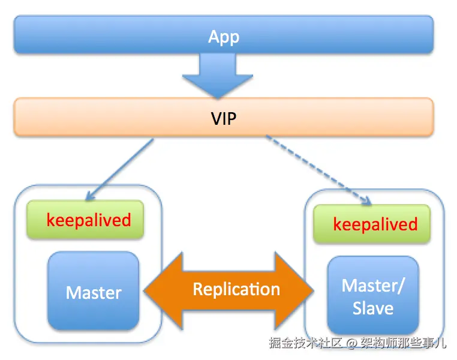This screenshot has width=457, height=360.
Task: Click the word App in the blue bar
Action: tap(223, 37)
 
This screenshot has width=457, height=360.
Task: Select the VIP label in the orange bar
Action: tap(223, 118)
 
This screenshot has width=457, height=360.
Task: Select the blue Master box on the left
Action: tap(93, 292)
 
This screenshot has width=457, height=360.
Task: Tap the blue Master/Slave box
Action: tap(372, 296)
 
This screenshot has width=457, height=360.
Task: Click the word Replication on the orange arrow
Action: tap(236, 290)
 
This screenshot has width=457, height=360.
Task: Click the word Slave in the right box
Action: tap(373, 308)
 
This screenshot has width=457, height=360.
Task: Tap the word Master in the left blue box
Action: tap(93, 292)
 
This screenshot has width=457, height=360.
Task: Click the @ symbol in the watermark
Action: tap(351, 344)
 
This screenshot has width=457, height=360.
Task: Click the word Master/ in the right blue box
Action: tap(373, 286)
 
